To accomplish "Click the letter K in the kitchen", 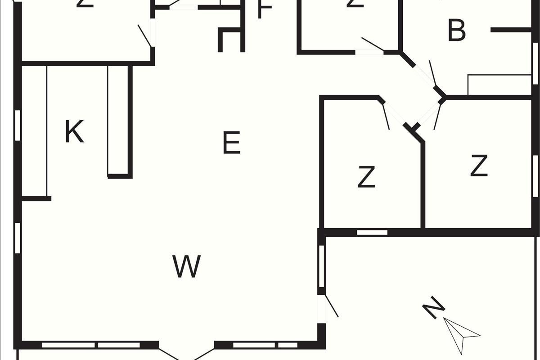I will pyautogui.click(x=74, y=132).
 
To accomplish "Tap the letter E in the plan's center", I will pyautogui.click(x=232, y=143).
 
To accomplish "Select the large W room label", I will pyautogui.click(x=187, y=266).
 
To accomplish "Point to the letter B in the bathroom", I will pyautogui.click(x=457, y=31).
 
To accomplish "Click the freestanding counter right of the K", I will pyautogui.click(x=119, y=121).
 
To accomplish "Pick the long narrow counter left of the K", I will pyautogui.click(x=34, y=130).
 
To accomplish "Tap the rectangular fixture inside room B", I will pyautogui.click(x=499, y=85).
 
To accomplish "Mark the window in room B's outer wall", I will pyautogui.click(x=535, y=57).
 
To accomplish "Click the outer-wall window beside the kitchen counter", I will pyautogui.click(x=18, y=125).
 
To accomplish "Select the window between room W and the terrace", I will pyautogui.click(x=322, y=266).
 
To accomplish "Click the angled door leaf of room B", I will pyautogui.click(x=433, y=73).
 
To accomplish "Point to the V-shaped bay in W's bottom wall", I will pyautogui.click(x=186, y=353).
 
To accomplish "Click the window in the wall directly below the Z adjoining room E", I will pyautogui.click(x=372, y=233).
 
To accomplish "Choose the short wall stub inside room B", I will pyautogui.click(x=511, y=30).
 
